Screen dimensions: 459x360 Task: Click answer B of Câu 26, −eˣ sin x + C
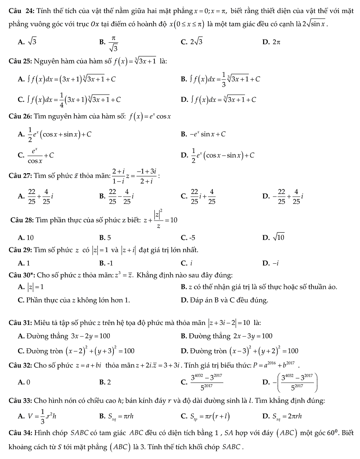(x=203, y=134)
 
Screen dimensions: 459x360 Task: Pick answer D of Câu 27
(x=283, y=196)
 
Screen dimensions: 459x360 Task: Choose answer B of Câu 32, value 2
(x=105, y=382)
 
